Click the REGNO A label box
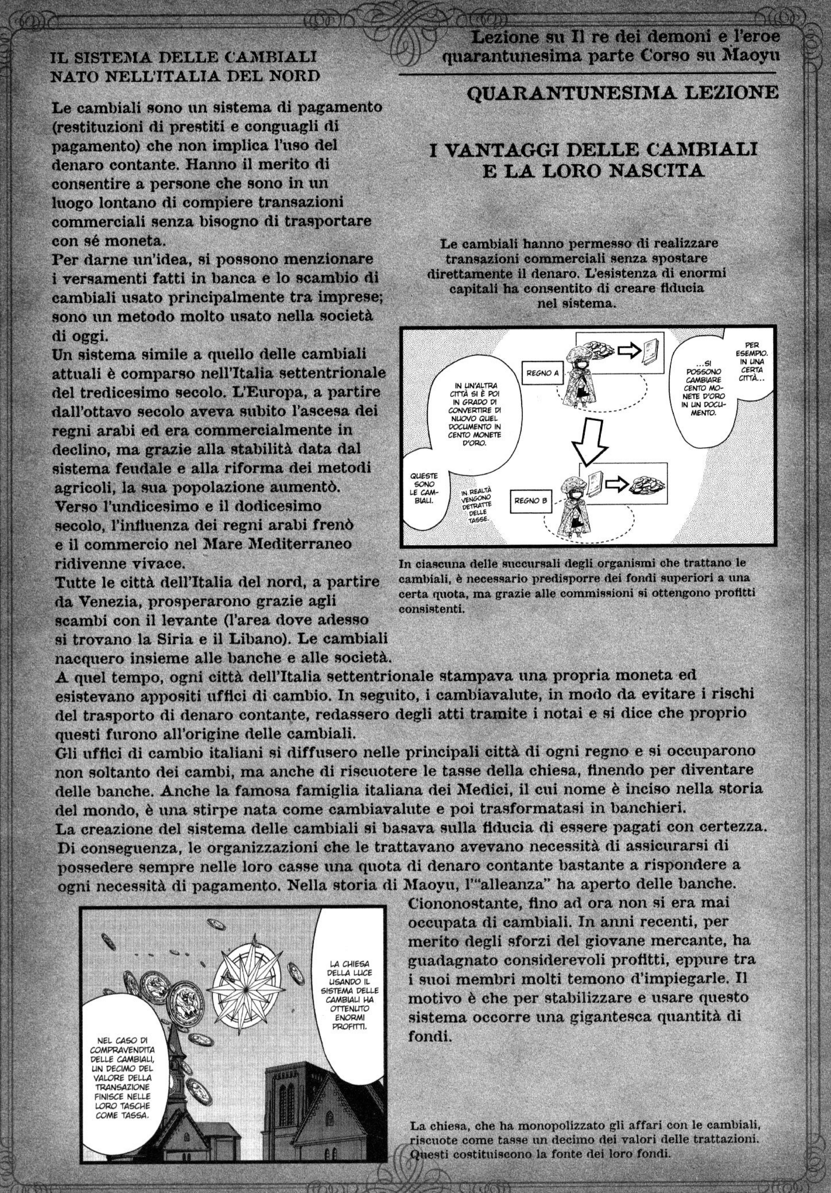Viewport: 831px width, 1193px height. [542, 373]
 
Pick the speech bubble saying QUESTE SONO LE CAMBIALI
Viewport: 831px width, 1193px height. [423, 488]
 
